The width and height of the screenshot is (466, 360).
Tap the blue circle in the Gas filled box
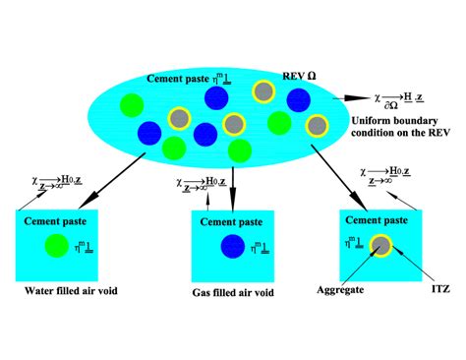click(232, 246)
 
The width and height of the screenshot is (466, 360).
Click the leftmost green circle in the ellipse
click(130, 104)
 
